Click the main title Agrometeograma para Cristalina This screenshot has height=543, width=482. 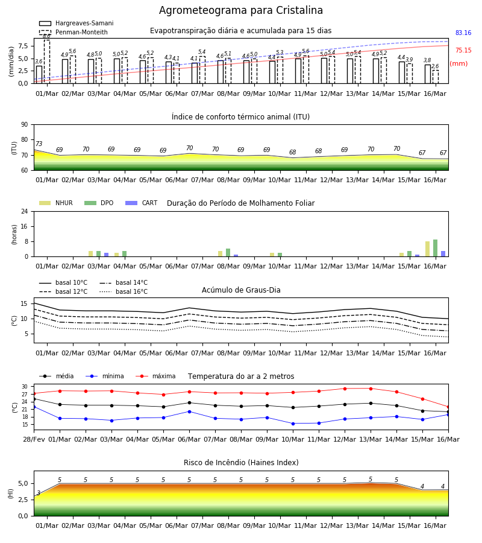pyautogui.click(x=241, y=10)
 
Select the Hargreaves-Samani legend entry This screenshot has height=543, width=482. pyautogui.click(x=77, y=23)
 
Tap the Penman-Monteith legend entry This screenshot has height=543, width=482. pyautogui.click(x=74, y=32)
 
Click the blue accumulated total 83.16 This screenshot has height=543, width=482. pyautogui.click(x=463, y=33)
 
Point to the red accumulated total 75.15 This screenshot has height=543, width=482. pyautogui.click(x=463, y=50)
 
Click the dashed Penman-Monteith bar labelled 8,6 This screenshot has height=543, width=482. pyautogui.click(x=47, y=62)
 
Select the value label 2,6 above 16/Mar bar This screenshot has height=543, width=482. pyautogui.click(x=435, y=66)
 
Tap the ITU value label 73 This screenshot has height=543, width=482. pyautogui.click(x=39, y=144)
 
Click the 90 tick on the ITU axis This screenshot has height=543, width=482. pyautogui.click(x=25, y=125)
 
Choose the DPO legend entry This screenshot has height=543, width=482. pyautogui.click(x=99, y=203)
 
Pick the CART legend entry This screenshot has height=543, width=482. pyautogui.click(x=142, y=203)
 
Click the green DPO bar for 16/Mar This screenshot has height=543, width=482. pyautogui.click(x=436, y=248)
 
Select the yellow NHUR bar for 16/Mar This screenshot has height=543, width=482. pyautogui.click(x=427, y=249)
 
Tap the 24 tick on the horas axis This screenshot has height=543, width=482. pyautogui.click(x=25, y=211)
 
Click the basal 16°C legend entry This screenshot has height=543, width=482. pyautogui.click(x=124, y=291)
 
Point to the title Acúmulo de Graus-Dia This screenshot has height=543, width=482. pyautogui.click(x=241, y=290)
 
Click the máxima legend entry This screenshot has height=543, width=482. pyautogui.click(x=156, y=376)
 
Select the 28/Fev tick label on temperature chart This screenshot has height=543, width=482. pyautogui.click(x=34, y=439)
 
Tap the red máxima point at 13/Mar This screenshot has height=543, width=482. pyautogui.click(x=371, y=389)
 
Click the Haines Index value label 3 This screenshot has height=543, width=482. pyautogui.click(x=39, y=493)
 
